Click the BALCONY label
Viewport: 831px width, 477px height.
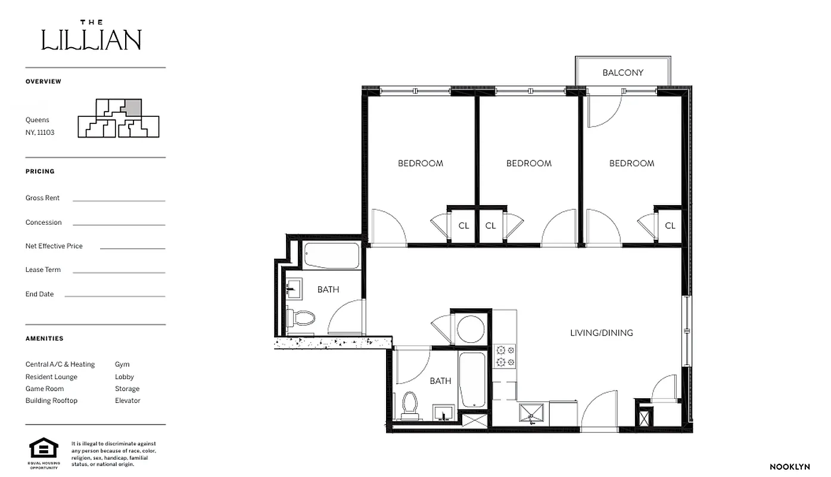pyautogui.click(x=623, y=73)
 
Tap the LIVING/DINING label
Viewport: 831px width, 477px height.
pyautogui.click(x=601, y=333)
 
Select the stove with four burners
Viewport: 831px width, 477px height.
pyautogui.click(x=505, y=356)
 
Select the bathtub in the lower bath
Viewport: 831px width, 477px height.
pyautogui.click(x=472, y=379)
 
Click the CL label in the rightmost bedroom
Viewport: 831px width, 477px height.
pyautogui.click(x=670, y=225)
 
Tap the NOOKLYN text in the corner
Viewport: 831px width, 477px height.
pyautogui.click(x=789, y=467)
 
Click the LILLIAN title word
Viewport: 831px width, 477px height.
pyautogui.click(x=91, y=40)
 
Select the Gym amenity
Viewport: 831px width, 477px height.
pyautogui.click(x=122, y=364)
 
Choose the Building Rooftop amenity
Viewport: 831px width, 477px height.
pyautogui.click(x=51, y=401)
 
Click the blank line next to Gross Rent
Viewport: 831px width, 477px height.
pyautogui.click(x=119, y=200)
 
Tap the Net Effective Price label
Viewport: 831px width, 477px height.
pyautogui.click(x=54, y=246)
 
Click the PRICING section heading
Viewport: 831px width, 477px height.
pyautogui.click(x=40, y=171)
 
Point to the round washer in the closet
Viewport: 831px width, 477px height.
pyautogui.click(x=471, y=329)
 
